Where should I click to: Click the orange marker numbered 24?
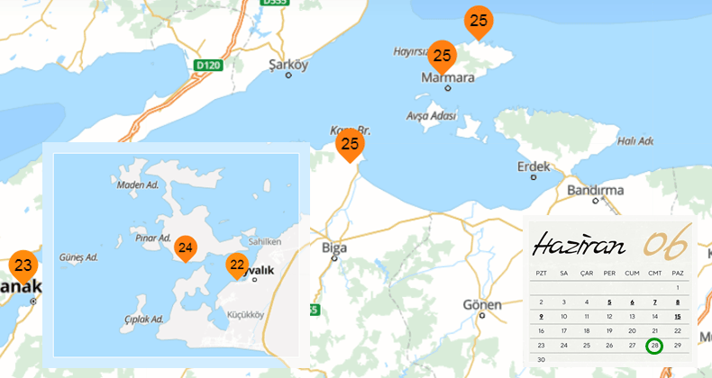[x=186, y=247]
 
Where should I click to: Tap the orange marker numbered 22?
[x=237, y=265]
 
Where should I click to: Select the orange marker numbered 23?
[x=23, y=265]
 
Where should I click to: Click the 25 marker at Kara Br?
[x=350, y=144]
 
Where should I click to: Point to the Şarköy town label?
[x=288, y=65]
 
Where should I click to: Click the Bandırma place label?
[x=595, y=190]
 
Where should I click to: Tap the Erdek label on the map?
[x=534, y=167]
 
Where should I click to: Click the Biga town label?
[x=333, y=247]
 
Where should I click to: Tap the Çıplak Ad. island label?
[x=144, y=319]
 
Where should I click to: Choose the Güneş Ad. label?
[x=78, y=257]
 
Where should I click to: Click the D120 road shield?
[x=208, y=65]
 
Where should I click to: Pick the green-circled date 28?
[x=655, y=346]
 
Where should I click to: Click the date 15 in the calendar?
[x=678, y=316]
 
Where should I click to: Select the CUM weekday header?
[x=632, y=272]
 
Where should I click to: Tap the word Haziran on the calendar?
[x=577, y=243]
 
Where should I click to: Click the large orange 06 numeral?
[x=665, y=241]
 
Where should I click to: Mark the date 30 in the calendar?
[x=541, y=359]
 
